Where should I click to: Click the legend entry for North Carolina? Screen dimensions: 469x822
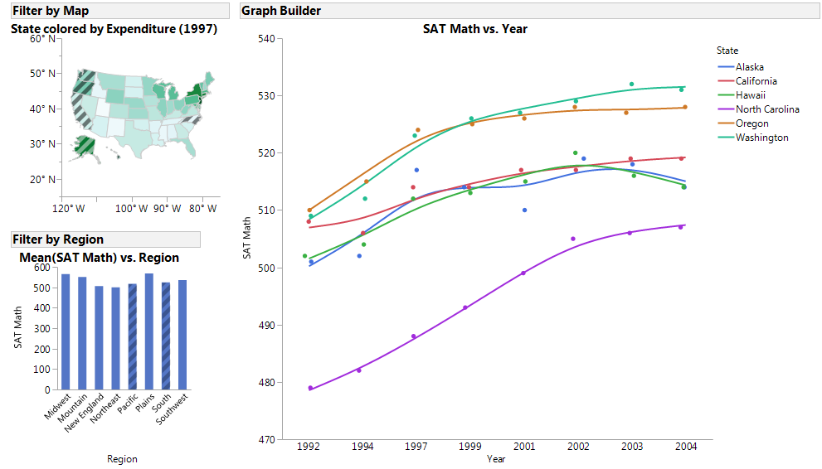[x=767, y=109]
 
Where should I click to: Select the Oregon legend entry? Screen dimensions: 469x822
[x=751, y=123]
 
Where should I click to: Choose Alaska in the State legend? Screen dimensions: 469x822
[x=749, y=67]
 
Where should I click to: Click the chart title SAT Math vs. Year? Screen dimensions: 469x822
[x=474, y=29]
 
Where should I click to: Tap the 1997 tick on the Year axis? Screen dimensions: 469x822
[x=416, y=447]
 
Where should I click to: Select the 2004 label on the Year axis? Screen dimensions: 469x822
[x=686, y=447]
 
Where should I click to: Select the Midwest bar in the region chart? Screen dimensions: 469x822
[x=66, y=331]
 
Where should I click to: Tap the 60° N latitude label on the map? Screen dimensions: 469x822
[x=43, y=39]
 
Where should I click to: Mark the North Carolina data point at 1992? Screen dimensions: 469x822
[x=311, y=388]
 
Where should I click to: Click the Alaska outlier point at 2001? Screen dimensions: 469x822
[x=525, y=210]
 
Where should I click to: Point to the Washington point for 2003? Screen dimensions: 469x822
[x=631, y=85]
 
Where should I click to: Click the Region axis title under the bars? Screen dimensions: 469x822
[x=123, y=459]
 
